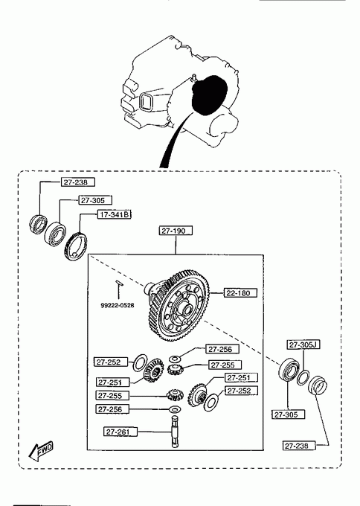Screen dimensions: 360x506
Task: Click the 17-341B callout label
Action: click(x=115, y=214)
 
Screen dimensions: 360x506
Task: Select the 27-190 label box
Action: click(x=176, y=231)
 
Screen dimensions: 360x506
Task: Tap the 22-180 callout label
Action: click(x=240, y=292)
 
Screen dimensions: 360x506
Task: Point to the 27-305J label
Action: click(x=303, y=345)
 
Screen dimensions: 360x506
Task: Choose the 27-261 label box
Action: click(x=120, y=432)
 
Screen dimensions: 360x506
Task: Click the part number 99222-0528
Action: click(x=117, y=305)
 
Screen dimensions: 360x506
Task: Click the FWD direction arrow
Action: click(x=40, y=451)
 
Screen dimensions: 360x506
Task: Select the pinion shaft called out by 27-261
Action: click(x=175, y=431)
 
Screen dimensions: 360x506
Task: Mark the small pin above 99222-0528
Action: click(x=118, y=283)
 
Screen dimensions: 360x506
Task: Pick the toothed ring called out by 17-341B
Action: click(x=75, y=246)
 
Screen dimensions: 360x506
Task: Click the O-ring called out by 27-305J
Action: click(x=303, y=377)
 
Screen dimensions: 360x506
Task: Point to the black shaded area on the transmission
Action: click(x=209, y=95)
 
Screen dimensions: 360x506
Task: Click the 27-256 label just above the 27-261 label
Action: click(x=112, y=409)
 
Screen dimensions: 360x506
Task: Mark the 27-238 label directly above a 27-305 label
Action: click(x=78, y=182)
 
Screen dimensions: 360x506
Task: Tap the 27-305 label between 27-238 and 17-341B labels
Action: click(x=95, y=200)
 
